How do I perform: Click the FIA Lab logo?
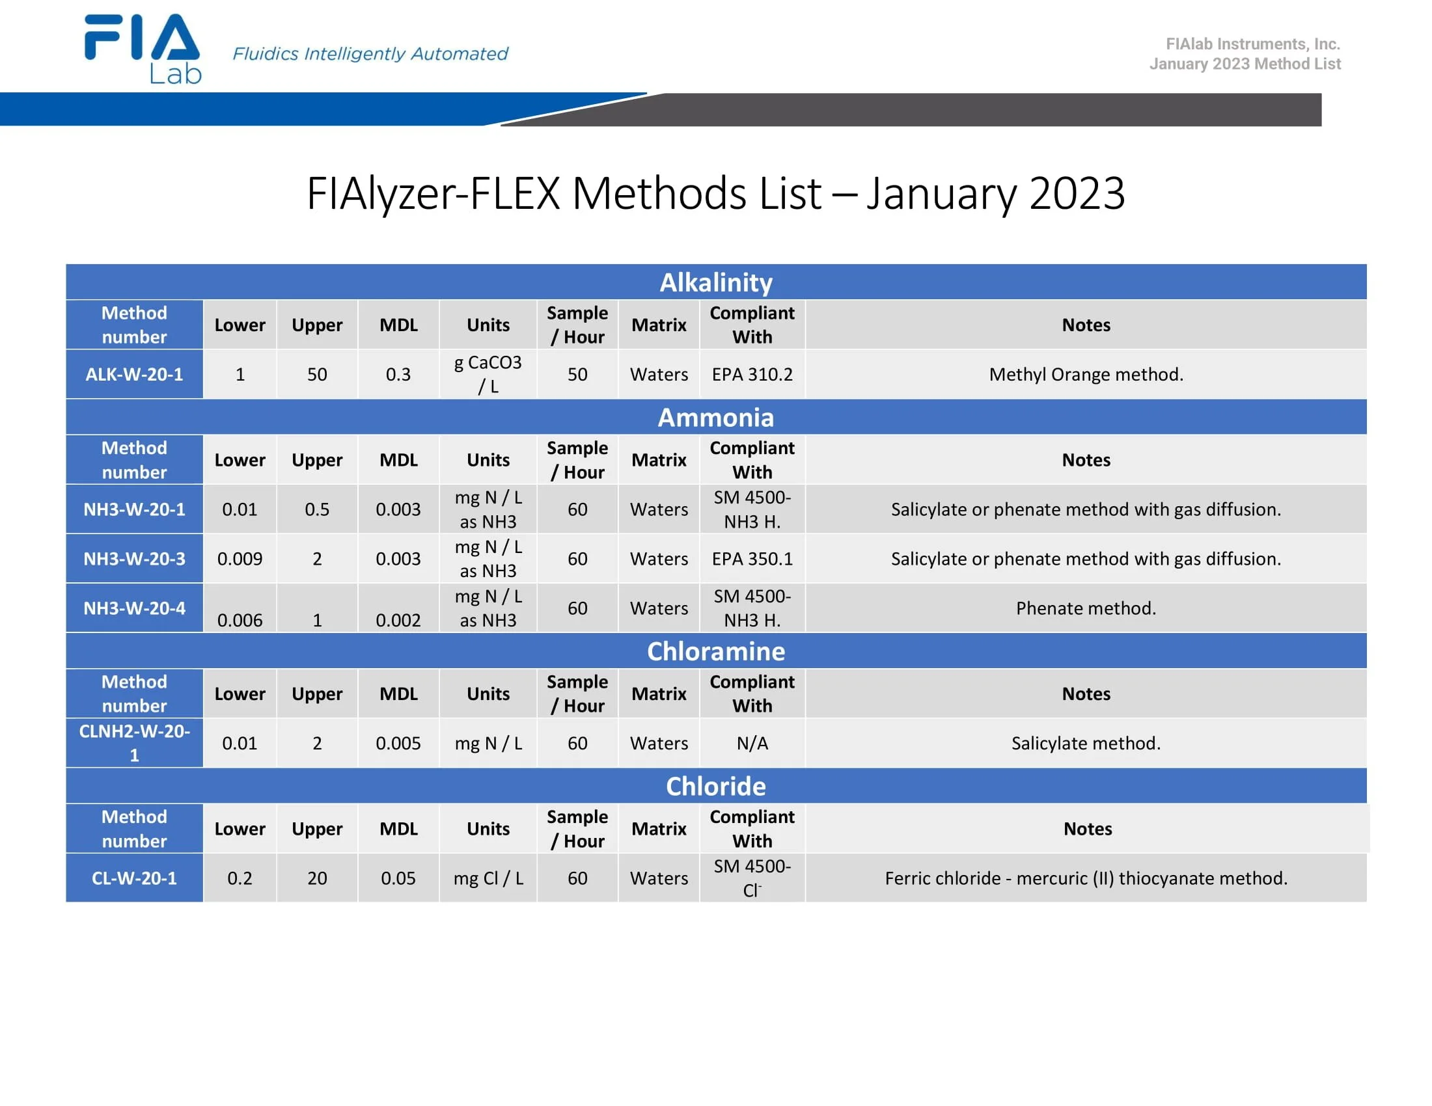[143, 49]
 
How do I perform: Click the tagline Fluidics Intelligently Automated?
[370, 54]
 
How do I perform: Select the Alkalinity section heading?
[716, 282]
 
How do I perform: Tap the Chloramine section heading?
[716, 651]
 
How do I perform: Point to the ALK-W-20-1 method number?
[135, 374]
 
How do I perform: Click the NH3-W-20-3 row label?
[135, 559]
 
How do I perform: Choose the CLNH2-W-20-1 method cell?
[135, 743]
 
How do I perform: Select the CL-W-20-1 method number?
[135, 878]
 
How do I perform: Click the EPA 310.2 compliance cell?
[752, 374]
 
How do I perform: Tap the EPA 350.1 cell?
[752, 559]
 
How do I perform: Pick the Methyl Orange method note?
[1086, 374]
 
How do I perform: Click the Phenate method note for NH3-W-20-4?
[1086, 608]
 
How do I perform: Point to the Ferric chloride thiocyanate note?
[1086, 878]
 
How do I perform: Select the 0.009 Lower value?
[240, 559]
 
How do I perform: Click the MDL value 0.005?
[398, 743]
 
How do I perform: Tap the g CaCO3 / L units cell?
[488, 374]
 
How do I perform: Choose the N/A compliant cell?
[752, 743]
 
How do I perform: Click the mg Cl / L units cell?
[488, 878]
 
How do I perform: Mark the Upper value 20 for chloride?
[318, 878]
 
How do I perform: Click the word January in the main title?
[942, 194]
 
